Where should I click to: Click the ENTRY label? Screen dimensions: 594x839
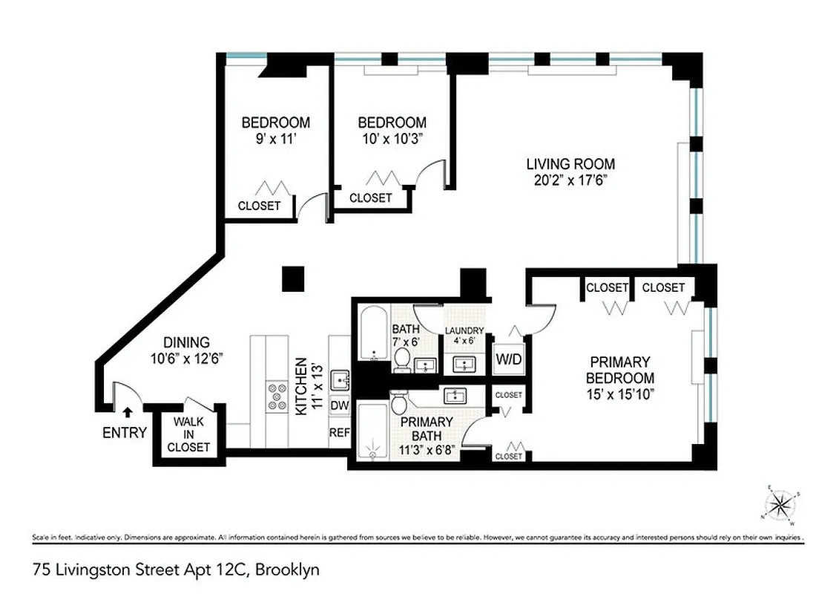click(125, 433)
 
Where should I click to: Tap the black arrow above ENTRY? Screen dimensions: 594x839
click(127, 411)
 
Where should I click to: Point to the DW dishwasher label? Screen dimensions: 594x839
click(340, 405)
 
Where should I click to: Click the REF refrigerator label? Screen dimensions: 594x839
click(340, 432)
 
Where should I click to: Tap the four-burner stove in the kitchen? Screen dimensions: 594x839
click(277, 396)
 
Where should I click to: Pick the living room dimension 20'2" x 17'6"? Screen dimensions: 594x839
click(570, 180)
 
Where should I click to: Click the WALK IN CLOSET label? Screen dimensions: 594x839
click(188, 434)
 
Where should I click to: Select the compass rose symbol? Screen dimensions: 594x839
click(779, 505)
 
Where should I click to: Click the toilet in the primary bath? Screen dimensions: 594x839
click(398, 405)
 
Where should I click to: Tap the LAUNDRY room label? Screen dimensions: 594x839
click(464, 330)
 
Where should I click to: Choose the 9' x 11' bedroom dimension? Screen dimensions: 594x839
click(276, 137)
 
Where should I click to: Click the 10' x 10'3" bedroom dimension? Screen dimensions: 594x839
click(392, 137)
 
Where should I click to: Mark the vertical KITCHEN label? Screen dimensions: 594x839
click(301, 388)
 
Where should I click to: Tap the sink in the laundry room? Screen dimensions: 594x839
click(464, 364)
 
